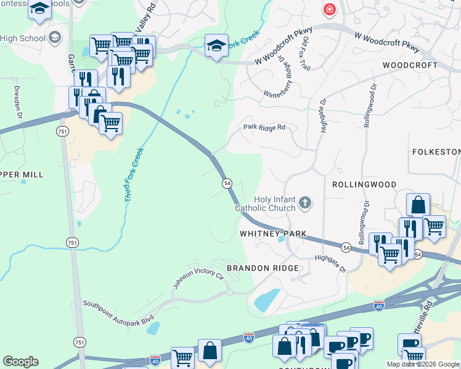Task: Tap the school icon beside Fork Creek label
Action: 216,46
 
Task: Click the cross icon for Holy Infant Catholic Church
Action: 304,202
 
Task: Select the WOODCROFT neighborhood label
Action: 410,65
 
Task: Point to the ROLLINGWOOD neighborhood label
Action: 362,184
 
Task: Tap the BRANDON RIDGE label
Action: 263,268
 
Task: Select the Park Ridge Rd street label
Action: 264,127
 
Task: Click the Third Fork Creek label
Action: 134,175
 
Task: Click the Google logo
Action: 20,361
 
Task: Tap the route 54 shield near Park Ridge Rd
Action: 227,184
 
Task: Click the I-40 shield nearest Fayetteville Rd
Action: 378,306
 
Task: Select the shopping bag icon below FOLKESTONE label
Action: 418,205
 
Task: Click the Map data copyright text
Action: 423,364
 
